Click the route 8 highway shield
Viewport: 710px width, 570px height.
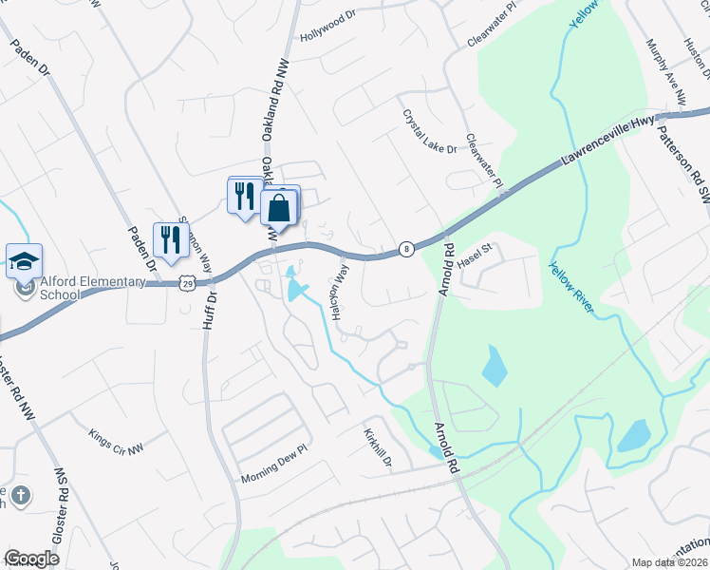tap(406, 248)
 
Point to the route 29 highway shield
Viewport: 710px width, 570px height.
tap(188, 283)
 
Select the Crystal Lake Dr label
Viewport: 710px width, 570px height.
tap(430, 131)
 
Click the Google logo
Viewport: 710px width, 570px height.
tap(32, 559)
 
